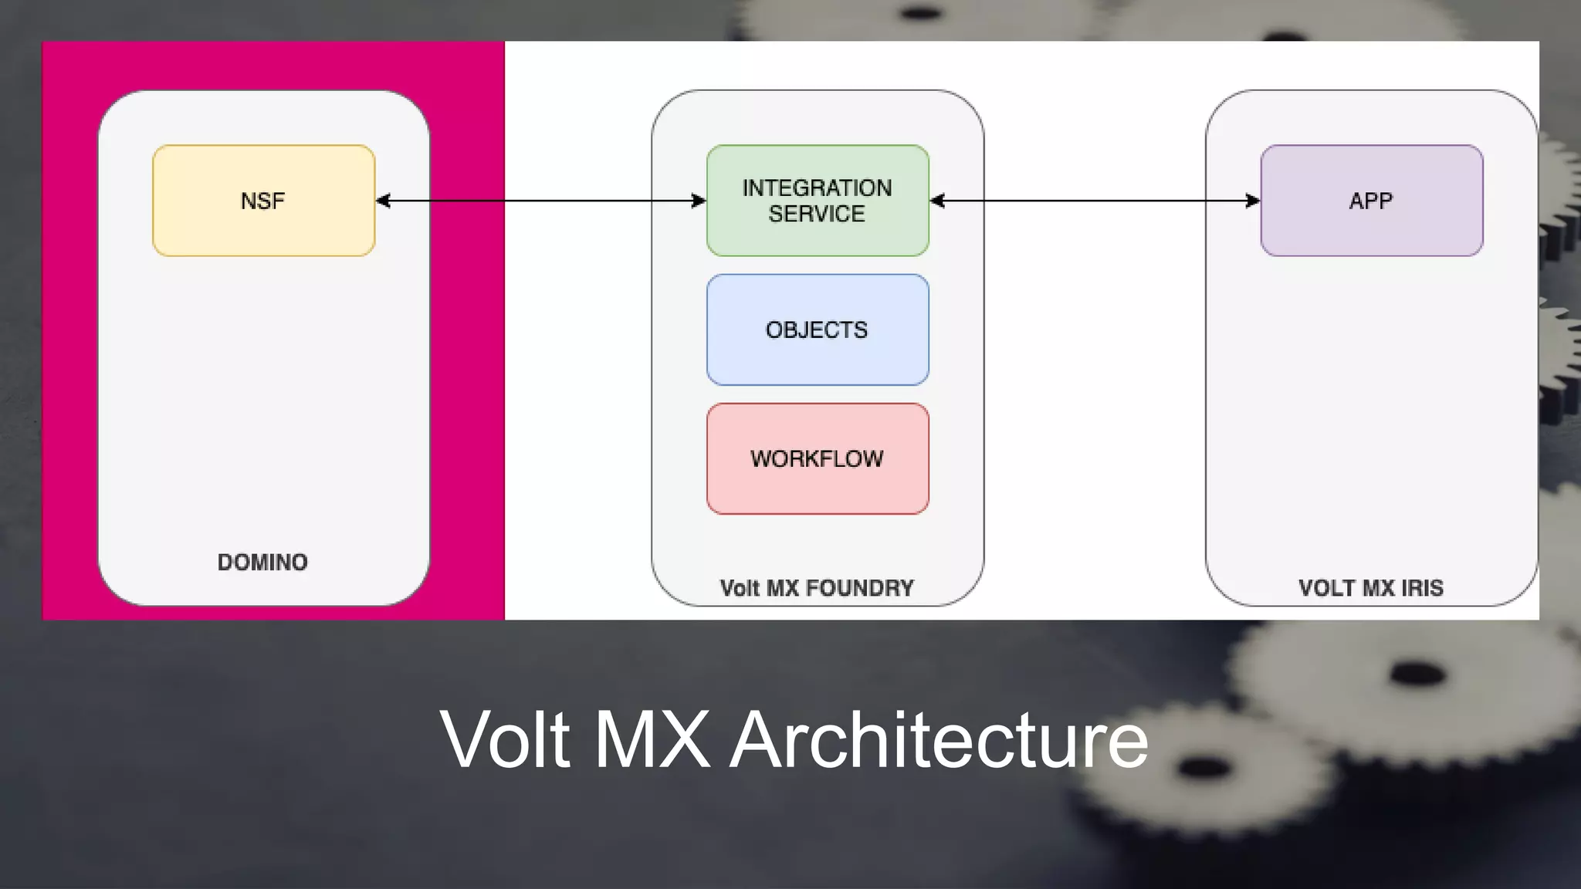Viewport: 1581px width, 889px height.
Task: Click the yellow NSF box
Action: click(x=263, y=201)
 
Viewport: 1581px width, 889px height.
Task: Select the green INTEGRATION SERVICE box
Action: click(x=818, y=201)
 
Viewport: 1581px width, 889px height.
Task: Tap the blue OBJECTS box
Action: click(x=818, y=330)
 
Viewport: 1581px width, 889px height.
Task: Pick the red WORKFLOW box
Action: click(x=818, y=458)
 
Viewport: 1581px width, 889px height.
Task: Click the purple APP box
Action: click(x=1371, y=201)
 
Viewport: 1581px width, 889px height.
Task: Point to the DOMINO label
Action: click(x=262, y=562)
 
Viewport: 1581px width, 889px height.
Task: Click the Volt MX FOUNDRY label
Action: click(x=817, y=588)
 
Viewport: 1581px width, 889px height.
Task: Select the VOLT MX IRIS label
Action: click(x=1370, y=588)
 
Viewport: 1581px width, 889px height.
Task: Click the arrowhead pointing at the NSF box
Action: click(x=383, y=201)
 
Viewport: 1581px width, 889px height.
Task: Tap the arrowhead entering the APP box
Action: click(x=1253, y=201)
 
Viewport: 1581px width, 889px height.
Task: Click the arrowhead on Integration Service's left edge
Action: click(x=699, y=201)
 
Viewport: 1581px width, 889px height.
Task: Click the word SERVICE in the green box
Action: click(x=817, y=214)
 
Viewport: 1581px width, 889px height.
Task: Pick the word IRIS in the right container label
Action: click(x=1422, y=588)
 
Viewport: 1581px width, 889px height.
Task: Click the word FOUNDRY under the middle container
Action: click(x=859, y=588)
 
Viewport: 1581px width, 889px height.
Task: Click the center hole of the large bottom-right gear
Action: click(x=1417, y=674)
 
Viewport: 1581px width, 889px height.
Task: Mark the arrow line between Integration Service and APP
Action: click(x=1096, y=201)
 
